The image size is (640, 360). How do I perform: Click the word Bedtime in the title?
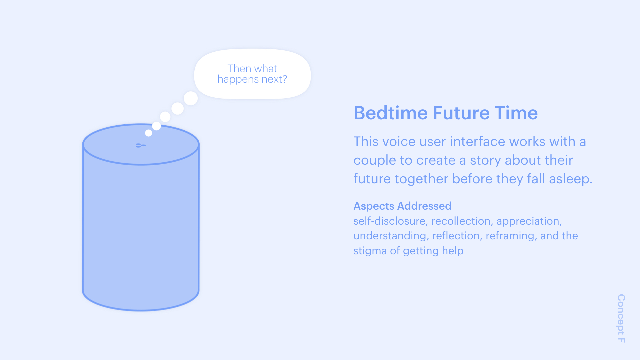pyautogui.click(x=391, y=113)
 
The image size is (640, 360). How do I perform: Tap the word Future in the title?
pyautogui.click(x=461, y=113)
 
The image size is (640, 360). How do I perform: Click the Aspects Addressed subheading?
pyautogui.click(x=402, y=206)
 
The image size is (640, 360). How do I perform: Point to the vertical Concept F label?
pyautogui.click(x=621, y=318)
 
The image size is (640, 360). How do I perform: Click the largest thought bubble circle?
pyautogui.click(x=191, y=98)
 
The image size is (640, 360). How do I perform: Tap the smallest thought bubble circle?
pyautogui.click(x=149, y=133)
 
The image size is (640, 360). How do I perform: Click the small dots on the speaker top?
pyautogui.click(x=141, y=145)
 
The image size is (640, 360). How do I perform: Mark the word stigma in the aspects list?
pyautogui.click(x=370, y=251)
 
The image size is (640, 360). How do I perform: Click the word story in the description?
pyautogui.click(x=485, y=161)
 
